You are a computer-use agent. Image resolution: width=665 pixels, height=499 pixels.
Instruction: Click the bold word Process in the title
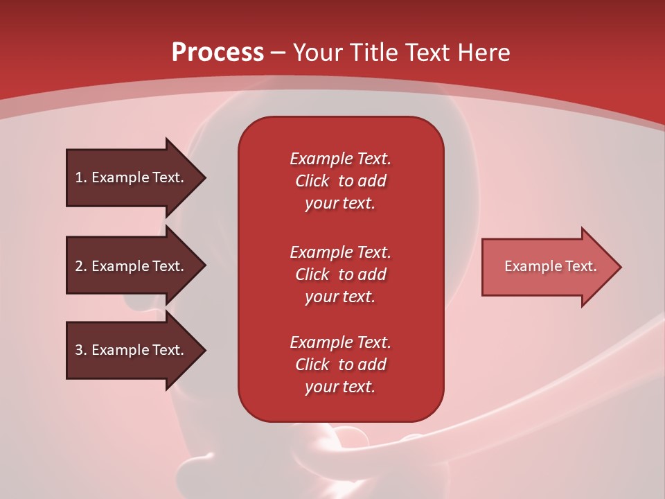click(x=218, y=53)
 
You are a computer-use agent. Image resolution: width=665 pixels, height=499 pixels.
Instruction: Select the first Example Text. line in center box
click(x=340, y=159)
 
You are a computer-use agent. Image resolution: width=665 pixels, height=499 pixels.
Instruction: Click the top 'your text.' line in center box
click(x=340, y=203)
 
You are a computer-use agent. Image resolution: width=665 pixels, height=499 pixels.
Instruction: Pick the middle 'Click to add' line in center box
click(x=340, y=274)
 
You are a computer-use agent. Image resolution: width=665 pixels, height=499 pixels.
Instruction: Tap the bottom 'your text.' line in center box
click(x=340, y=387)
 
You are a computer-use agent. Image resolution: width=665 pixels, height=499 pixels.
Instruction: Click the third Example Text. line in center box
click(x=340, y=342)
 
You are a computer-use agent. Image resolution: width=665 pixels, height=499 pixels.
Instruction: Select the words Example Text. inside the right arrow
click(x=550, y=266)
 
